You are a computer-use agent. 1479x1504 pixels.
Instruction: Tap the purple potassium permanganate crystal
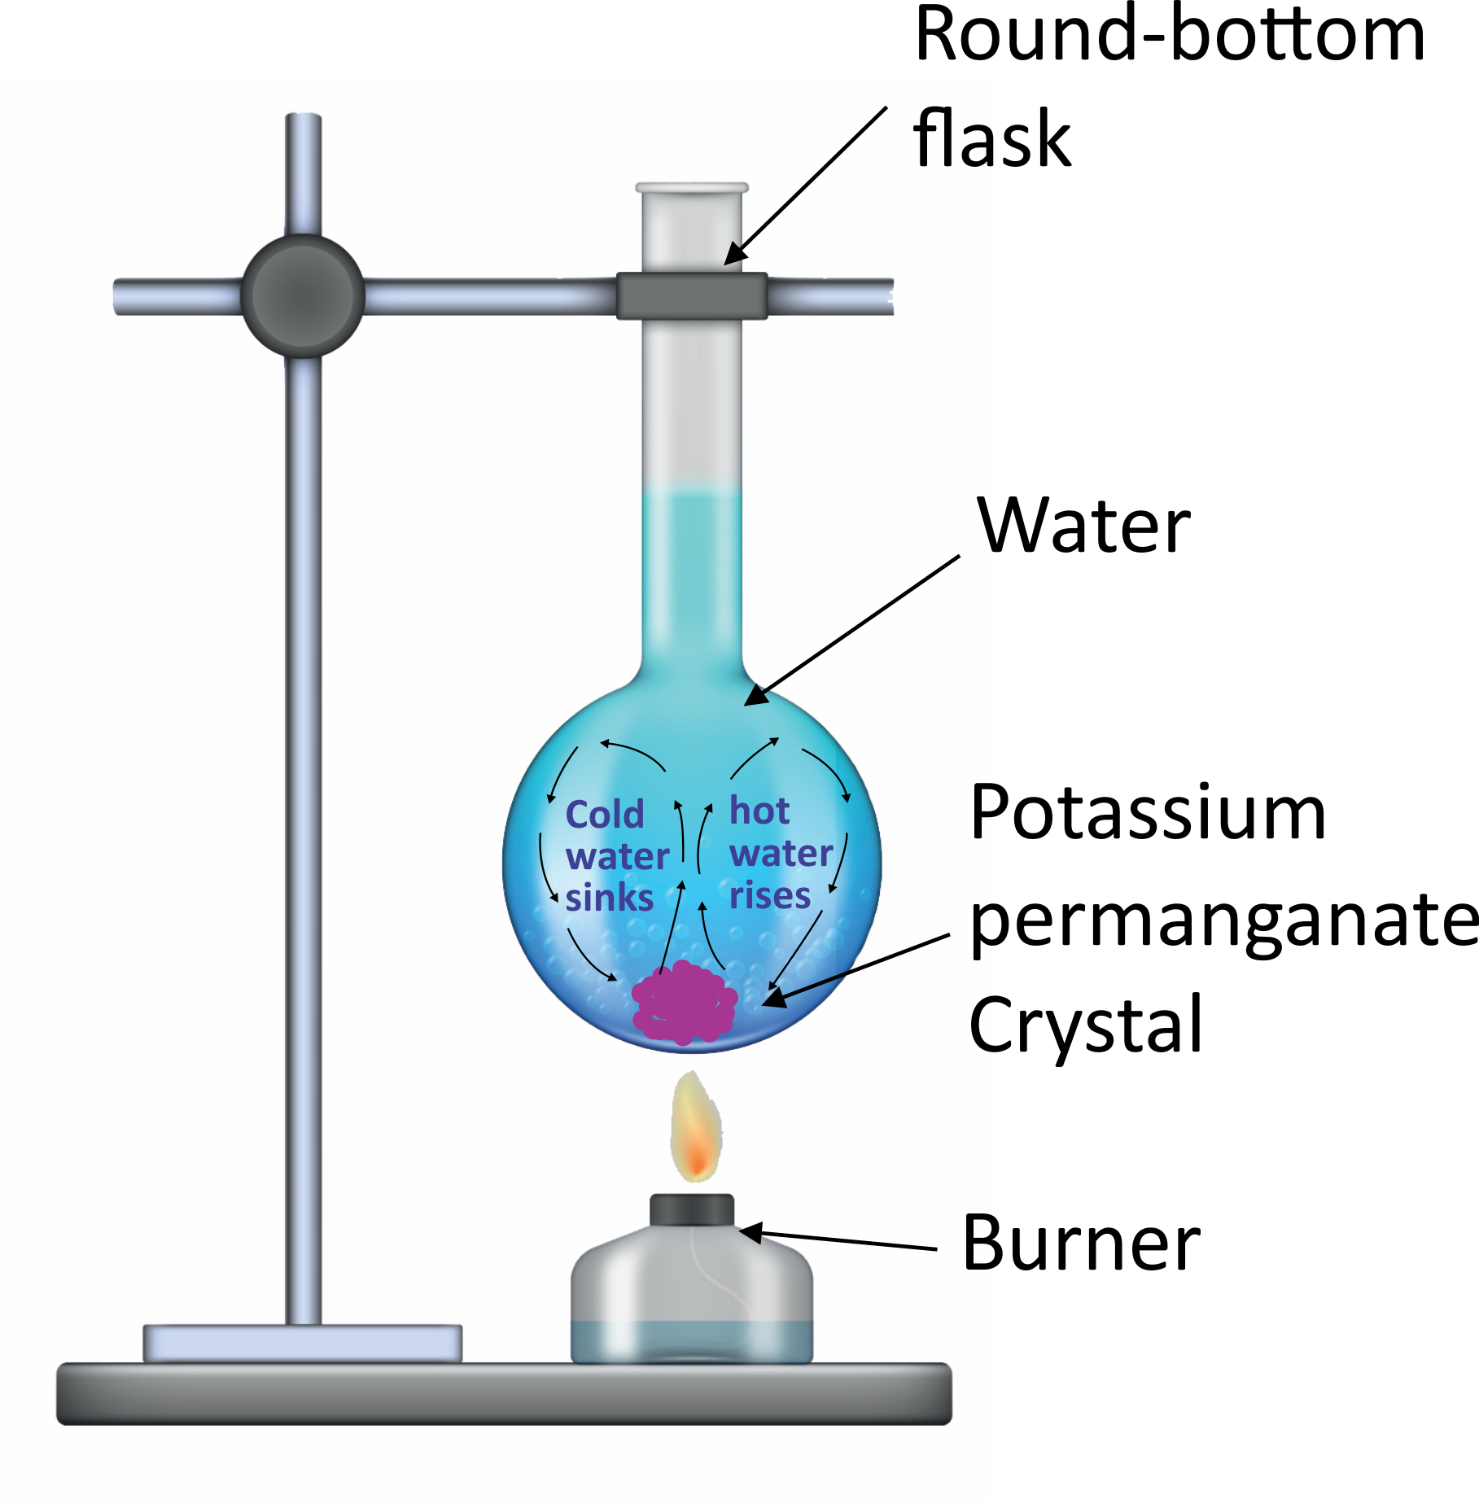coord(685,1002)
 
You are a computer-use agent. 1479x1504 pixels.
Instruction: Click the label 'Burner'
coord(1081,1243)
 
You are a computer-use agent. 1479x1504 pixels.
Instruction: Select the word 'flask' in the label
coord(991,138)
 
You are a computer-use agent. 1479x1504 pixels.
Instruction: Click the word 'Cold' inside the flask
coord(605,814)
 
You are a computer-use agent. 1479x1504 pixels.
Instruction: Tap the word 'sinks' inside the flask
coord(610,898)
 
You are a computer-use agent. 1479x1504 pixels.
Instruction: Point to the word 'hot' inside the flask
coord(759,811)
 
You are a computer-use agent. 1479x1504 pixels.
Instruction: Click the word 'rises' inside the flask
coord(770,895)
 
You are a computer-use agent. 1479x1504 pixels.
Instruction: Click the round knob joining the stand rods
coord(303,296)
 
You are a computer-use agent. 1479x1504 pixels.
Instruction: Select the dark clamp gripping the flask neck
coord(692,295)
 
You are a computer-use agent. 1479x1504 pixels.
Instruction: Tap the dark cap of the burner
coord(692,1209)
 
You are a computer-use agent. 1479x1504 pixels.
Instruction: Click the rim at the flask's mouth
coord(692,189)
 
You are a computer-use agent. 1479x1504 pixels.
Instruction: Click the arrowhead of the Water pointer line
coord(756,696)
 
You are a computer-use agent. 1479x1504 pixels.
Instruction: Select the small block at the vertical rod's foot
coord(303,1343)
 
